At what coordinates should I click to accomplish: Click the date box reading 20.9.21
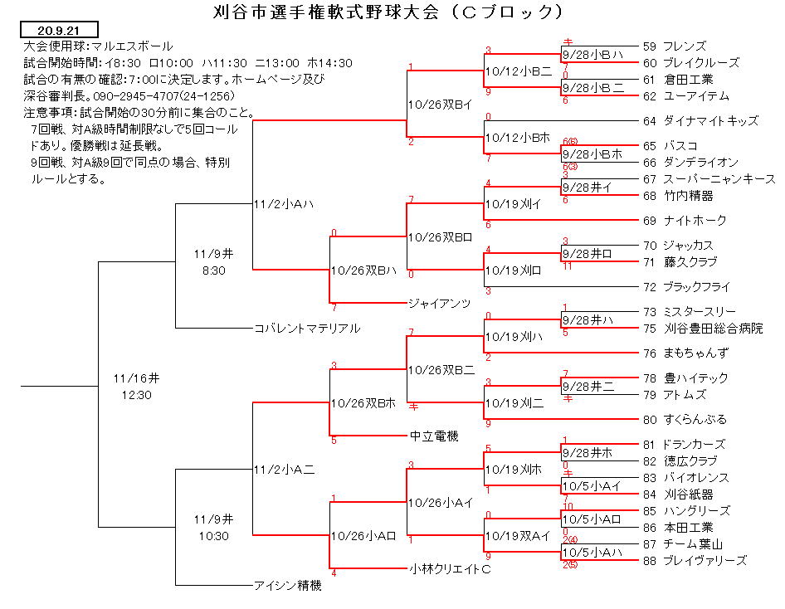click(59, 30)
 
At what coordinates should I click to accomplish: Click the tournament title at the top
click(388, 11)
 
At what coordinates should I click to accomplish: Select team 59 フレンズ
click(675, 46)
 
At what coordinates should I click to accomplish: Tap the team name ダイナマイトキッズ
click(711, 120)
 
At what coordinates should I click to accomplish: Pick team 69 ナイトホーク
click(685, 220)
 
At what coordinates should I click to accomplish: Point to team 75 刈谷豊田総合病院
click(703, 329)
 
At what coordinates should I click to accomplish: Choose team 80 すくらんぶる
click(685, 419)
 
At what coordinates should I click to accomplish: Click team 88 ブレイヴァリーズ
click(695, 560)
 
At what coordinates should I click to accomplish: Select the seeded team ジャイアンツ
click(440, 303)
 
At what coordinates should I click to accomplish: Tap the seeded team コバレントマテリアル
click(307, 329)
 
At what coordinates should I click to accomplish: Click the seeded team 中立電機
click(434, 436)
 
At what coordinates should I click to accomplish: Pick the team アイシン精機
click(288, 585)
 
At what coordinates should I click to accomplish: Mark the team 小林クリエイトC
click(450, 569)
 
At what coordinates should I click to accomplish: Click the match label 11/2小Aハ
click(284, 204)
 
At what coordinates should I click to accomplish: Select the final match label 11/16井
click(136, 378)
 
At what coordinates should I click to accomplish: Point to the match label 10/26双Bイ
click(440, 105)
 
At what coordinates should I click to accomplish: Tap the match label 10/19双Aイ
click(518, 536)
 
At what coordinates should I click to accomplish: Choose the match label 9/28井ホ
click(588, 453)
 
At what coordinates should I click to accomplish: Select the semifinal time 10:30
click(214, 536)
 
